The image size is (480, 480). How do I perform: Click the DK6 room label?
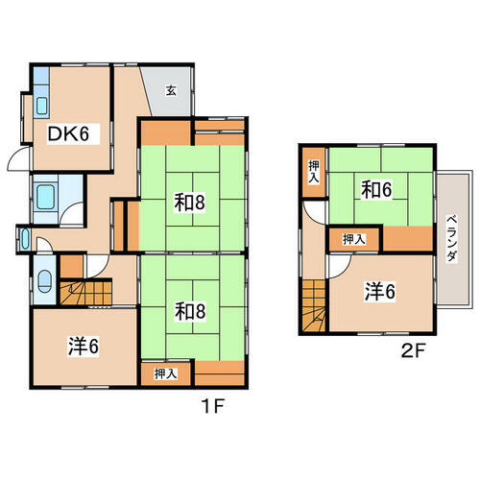68,133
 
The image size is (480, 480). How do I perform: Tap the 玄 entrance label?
171,91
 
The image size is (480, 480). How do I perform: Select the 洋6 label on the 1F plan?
84,347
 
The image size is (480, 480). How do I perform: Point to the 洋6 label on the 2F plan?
380,292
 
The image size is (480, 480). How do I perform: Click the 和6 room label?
376,190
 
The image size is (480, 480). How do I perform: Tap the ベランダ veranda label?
451,238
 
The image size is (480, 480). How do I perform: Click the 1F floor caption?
213,406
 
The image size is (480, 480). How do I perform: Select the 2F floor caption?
413,351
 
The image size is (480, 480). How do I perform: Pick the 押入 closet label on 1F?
165,373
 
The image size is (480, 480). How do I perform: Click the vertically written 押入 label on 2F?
314,172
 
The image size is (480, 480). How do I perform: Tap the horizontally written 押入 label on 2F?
354,239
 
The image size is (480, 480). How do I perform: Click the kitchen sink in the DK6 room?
42,106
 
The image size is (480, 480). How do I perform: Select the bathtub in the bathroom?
45,197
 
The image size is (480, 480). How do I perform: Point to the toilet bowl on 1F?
44,281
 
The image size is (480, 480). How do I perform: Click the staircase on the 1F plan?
85,293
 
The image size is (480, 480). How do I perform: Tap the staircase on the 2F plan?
314,305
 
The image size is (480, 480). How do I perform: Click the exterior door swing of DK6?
18,159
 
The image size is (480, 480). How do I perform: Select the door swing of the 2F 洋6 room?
340,267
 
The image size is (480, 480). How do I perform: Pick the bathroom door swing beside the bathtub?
72,214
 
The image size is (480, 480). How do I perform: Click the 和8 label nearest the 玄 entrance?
189,203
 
